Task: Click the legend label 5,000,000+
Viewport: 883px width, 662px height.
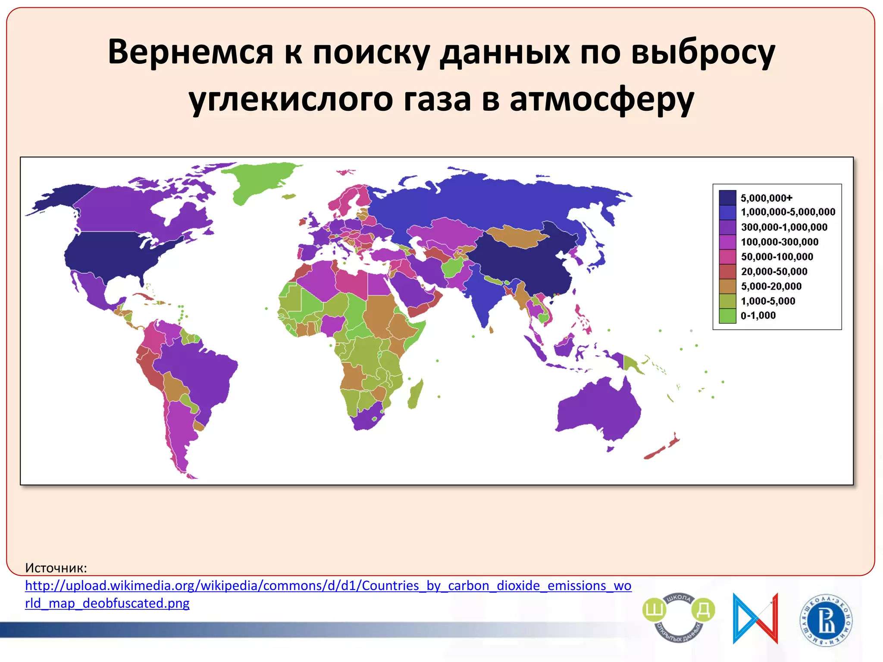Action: tap(766, 198)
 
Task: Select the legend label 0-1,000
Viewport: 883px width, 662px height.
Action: tap(758, 315)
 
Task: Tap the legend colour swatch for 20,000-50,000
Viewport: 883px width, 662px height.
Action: tap(727, 272)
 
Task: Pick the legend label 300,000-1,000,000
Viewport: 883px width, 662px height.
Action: tap(784, 227)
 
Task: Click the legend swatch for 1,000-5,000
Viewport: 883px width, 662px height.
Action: tap(727, 301)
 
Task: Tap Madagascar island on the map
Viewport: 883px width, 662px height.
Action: tap(415, 394)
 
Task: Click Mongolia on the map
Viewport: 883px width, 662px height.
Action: tap(515, 237)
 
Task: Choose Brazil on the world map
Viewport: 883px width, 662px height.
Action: tap(198, 371)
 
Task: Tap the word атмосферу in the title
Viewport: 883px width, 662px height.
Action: tap(601, 99)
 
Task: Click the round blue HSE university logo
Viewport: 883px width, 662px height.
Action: tap(826, 620)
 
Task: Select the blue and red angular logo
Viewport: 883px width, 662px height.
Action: tap(755, 618)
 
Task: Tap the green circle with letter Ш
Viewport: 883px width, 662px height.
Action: tap(654, 610)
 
